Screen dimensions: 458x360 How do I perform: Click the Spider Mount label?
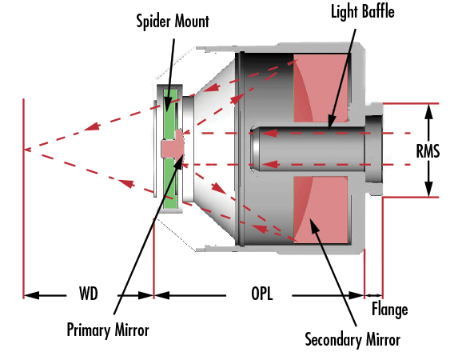coord(173,22)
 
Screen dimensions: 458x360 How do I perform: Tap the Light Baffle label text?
coord(363,12)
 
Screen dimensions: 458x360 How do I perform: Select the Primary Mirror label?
coord(108,330)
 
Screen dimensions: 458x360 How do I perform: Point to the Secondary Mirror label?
coord(352,340)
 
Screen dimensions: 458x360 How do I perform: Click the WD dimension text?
coord(88,294)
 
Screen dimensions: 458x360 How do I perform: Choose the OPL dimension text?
coord(261,294)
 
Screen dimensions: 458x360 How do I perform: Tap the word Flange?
coord(389,310)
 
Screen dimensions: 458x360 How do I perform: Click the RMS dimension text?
coord(428,151)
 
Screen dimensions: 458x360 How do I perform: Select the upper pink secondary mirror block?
coord(321,88)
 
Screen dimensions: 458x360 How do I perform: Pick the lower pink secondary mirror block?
coord(321,210)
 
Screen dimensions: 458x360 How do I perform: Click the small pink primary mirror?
coord(173,145)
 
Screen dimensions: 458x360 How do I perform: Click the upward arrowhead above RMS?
coord(428,111)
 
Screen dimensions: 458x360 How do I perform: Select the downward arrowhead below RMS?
coord(428,190)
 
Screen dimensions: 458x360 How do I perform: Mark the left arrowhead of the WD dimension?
coord(31,295)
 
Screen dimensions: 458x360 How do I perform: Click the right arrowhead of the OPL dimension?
coord(356,295)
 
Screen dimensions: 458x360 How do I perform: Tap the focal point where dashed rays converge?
coord(25,150)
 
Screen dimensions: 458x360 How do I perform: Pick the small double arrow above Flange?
coord(373,295)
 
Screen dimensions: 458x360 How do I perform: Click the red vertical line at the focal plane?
coord(23,198)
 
